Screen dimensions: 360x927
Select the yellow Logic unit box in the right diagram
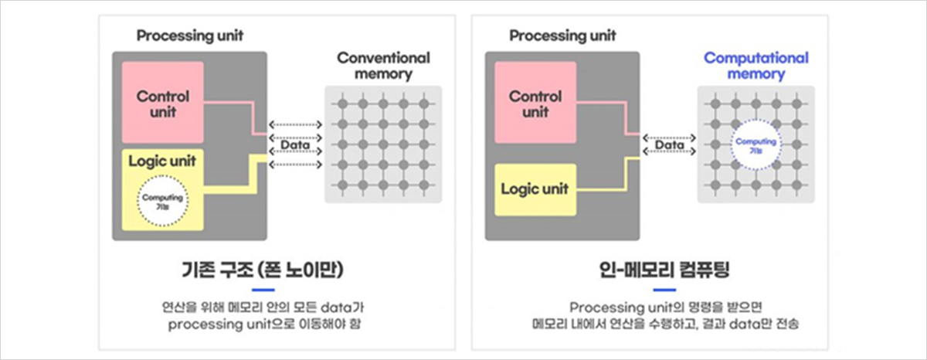click(535, 188)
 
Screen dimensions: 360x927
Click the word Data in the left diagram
click(294, 144)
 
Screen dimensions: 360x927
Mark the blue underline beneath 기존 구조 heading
click(263, 289)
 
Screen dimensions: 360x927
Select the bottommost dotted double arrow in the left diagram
click(294, 164)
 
